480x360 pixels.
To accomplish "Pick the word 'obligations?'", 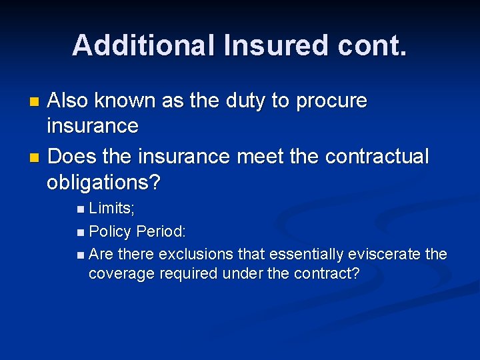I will [105, 182].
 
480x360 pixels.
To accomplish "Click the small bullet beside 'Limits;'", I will [81, 209].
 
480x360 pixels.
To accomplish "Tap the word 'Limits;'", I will [112, 208].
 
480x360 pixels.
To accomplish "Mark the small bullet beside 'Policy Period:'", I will [81, 233].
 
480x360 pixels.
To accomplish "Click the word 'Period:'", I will [161, 231].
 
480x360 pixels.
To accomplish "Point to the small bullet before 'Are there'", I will [81, 255].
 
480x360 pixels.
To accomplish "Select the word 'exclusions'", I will [195, 254].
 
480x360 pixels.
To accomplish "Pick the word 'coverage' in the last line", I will [121, 273].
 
